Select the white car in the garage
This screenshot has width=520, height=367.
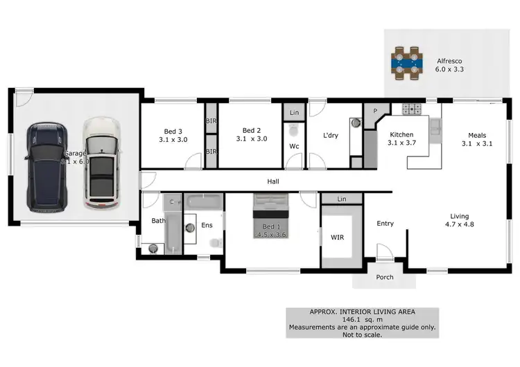[x=101, y=163]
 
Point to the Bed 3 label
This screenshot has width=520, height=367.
[x=173, y=131]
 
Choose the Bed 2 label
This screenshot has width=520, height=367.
[x=251, y=130]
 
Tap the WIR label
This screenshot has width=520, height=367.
[x=337, y=238]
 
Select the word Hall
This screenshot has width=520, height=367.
[x=273, y=181]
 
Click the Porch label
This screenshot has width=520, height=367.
[x=384, y=277]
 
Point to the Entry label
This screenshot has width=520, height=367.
[x=385, y=223]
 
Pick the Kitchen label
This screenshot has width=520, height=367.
[x=401, y=134]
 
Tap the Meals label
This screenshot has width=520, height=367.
[x=476, y=136]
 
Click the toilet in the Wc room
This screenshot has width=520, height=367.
[x=293, y=129]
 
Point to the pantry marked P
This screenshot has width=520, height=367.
[x=375, y=111]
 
